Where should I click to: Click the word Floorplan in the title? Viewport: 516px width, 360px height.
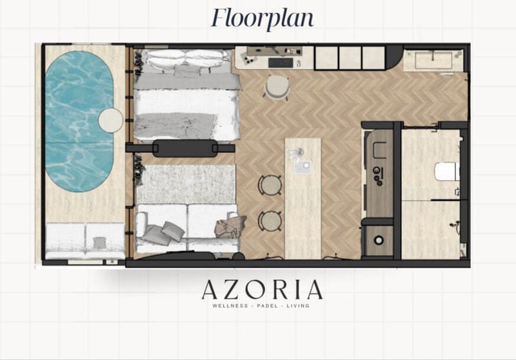pos(263,18)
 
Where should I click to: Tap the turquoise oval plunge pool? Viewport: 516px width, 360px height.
pos(79,121)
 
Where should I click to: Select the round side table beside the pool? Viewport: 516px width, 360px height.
pos(111,120)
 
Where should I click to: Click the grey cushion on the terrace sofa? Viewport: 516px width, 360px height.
pos(98,243)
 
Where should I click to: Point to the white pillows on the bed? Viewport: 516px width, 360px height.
pos(186,57)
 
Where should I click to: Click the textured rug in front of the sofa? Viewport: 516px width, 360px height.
pos(186,185)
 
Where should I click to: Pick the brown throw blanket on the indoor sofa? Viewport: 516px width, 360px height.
pos(230,226)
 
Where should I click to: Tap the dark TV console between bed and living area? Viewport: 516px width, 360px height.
pos(185,148)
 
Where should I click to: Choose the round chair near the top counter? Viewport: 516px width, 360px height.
pos(277,87)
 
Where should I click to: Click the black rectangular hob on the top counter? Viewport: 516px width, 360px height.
pos(281,63)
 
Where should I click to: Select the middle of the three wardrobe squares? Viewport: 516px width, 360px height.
pos(350,57)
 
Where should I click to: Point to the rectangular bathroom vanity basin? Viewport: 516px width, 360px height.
pos(433,61)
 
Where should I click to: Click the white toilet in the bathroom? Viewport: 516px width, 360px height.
pos(447,171)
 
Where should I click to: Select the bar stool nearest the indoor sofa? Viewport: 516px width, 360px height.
pos(270,221)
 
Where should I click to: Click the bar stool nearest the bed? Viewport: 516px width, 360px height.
pos(270,185)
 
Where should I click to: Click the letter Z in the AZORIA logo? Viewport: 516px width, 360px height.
pos(230,290)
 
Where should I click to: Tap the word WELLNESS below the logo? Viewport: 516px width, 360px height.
pos(230,306)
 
